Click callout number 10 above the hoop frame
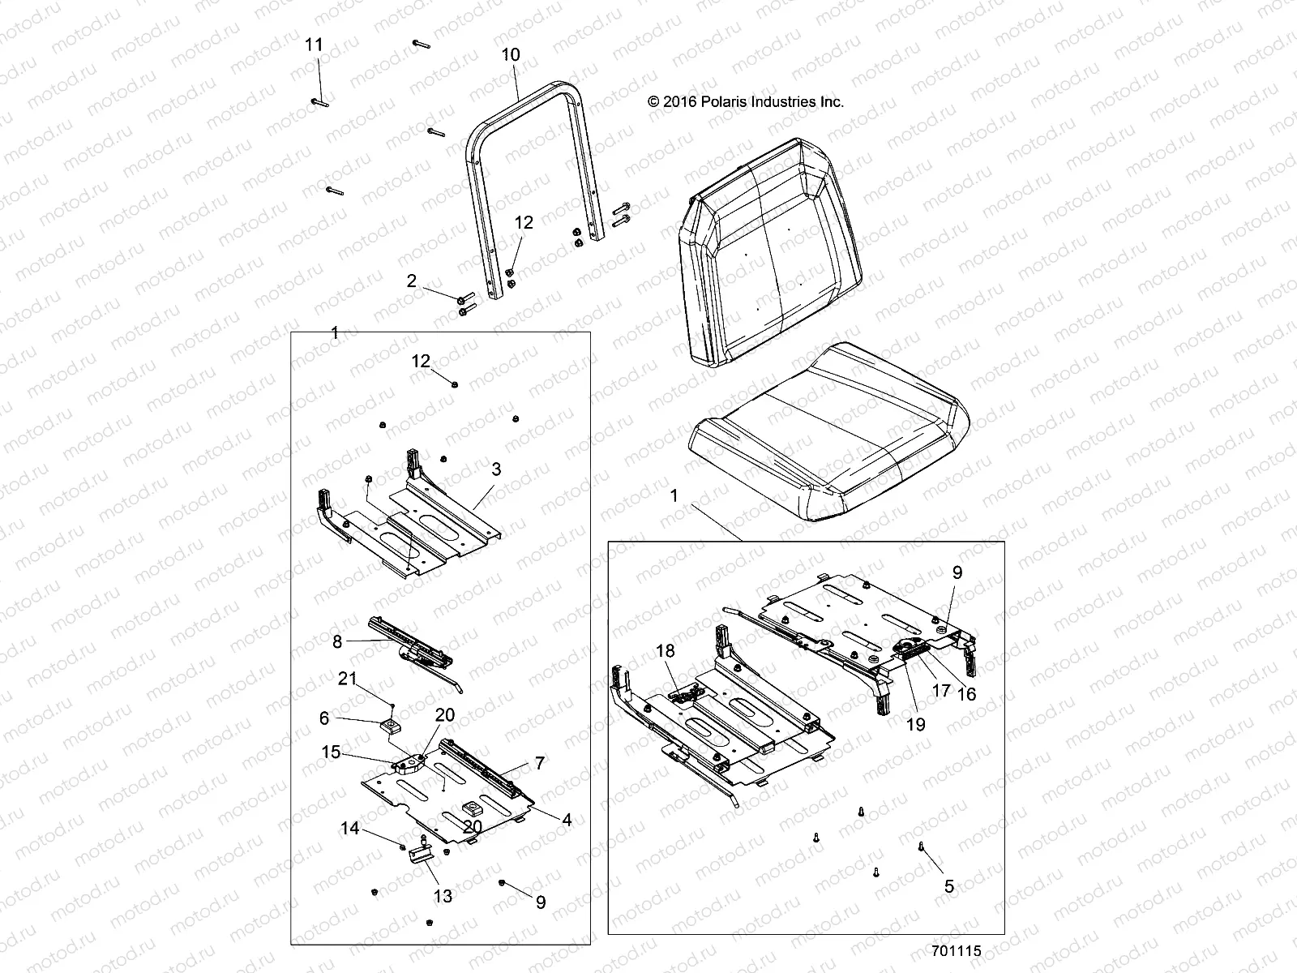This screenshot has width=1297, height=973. click(511, 55)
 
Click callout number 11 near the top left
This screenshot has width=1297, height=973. click(314, 45)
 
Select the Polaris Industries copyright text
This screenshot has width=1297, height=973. click(746, 102)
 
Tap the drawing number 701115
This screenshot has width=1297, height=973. click(956, 951)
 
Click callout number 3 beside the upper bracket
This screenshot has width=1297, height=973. click(496, 469)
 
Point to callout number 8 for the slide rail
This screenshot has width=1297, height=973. click(337, 641)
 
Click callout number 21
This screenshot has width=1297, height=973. click(347, 679)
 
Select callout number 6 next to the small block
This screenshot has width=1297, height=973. click(324, 718)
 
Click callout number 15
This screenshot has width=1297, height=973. click(331, 753)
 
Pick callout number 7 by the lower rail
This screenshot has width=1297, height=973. click(539, 763)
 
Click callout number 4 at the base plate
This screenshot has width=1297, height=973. click(567, 821)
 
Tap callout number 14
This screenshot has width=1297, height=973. click(349, 829)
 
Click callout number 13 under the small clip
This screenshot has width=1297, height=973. click(443, 896)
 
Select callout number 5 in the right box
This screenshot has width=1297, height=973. click(949, 887)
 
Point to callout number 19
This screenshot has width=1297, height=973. click(915, 725)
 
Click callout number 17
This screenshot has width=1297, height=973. click(941, 692)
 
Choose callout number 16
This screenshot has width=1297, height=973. click(967, 694)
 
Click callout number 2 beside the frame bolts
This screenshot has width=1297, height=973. click(412, 281)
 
